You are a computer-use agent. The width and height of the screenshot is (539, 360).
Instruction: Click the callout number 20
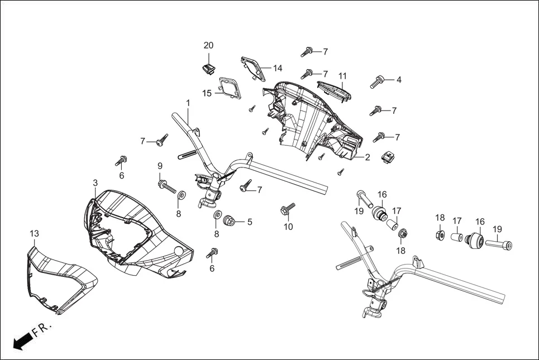(208, 45)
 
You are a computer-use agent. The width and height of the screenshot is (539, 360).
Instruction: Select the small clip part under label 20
(209, 69)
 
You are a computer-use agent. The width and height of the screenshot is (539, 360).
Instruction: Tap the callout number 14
(278, 68)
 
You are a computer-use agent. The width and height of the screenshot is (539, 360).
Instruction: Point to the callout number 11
(342, 76)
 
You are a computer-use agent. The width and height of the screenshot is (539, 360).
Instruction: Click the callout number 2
(368, 157)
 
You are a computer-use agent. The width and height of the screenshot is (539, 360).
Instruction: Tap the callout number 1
(188, 103)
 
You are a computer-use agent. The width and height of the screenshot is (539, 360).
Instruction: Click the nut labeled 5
(228, 222)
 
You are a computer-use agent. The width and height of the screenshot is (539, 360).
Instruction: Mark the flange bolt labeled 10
(287, 211)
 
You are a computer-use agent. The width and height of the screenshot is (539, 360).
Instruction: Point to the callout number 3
(95, 183)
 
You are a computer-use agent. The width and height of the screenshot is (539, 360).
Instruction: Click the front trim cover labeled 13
(59, 279)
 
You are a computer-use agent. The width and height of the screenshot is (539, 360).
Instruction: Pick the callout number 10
(288, 227)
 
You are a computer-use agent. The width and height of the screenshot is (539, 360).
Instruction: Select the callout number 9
(160, 166)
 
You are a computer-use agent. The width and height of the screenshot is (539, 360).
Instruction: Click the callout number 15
(207, 93)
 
